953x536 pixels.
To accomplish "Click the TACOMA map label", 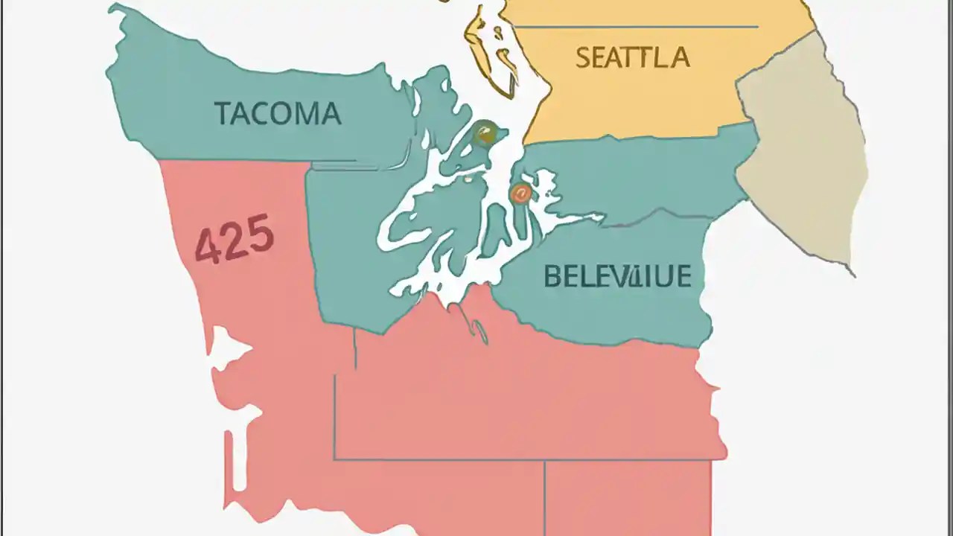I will click(x=278, y=114).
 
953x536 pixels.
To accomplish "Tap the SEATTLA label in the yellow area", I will click(x=632, y=57).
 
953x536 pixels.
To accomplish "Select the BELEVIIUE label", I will click(x=617, y=276).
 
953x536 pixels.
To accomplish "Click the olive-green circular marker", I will click(x=484, y=133).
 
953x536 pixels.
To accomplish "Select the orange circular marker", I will click(x=520, y=194).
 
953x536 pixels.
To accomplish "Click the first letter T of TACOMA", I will click(x=222, y=114).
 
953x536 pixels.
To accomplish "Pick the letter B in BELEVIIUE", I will click(x=552, y=276).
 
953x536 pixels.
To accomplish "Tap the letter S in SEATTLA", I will click(x=584, y=57).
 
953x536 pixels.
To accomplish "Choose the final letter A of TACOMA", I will click(x=331, y=114).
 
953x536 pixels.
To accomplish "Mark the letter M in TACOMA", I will click(x=307, y=114).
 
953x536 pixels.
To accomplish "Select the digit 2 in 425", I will click(x=233, y=243).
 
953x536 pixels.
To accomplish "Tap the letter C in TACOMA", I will click(x=258, y=114).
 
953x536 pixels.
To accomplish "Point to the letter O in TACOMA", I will click(x=281, y=114).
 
